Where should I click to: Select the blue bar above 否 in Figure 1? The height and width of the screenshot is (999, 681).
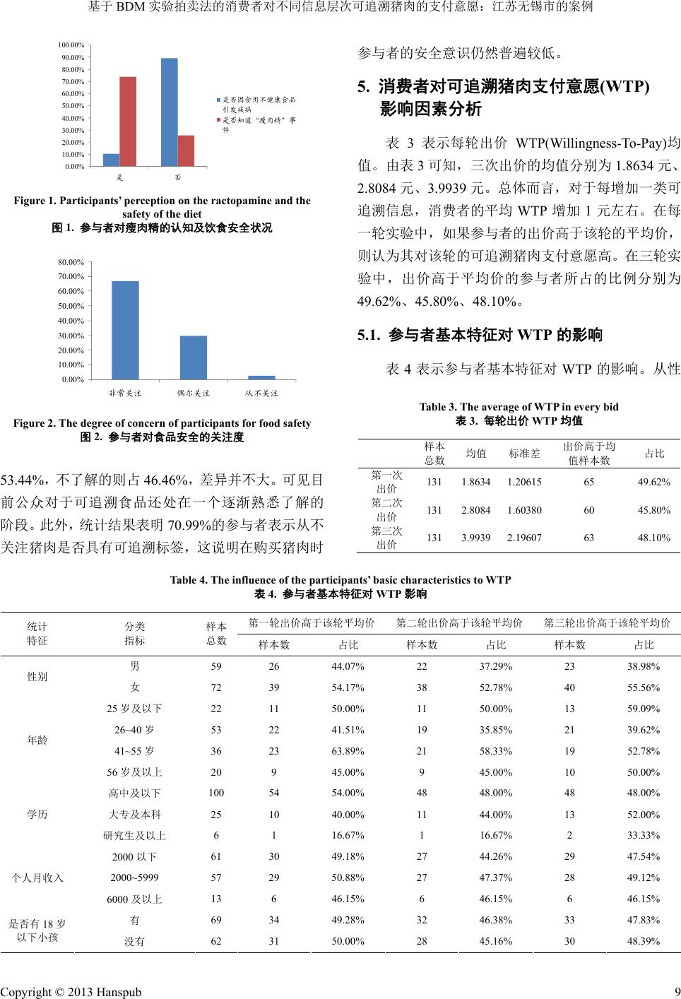pyautogui.click(x=170, y=112)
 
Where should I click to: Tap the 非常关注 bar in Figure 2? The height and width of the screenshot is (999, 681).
pyautogui.click(x=125, y=330)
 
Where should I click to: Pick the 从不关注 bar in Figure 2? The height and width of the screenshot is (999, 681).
pyautogui.click(x=261, y=377)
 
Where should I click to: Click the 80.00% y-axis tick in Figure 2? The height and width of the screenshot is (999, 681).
pyautogui.click(x=71, y=262)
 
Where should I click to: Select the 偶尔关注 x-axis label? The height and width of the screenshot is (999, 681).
pyautogui.click(x=193, y=393)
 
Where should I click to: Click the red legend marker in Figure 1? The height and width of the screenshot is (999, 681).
pyautogui.click(x=218, y=120)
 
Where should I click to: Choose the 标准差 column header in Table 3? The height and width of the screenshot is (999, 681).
pyautogui.click(x=524, y=453)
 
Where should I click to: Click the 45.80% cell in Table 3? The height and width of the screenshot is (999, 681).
pyautogui.click(x=653, y=509)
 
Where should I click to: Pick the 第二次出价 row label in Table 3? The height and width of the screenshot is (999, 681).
pyautogui.click(x=386, y=509)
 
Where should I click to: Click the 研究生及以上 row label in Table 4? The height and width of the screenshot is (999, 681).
pyautogui.click(x=134, y=836)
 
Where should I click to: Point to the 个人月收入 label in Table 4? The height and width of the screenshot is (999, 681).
pyautogui.click(x=37, y=877)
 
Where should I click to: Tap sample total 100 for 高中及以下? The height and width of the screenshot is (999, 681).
pyautogui.click(x=216, y=793)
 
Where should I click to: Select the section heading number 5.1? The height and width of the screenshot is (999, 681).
pyautogui.click(x=370, y=335)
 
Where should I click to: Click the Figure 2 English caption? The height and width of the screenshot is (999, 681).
pyautogui.click(x=162, y=423)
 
